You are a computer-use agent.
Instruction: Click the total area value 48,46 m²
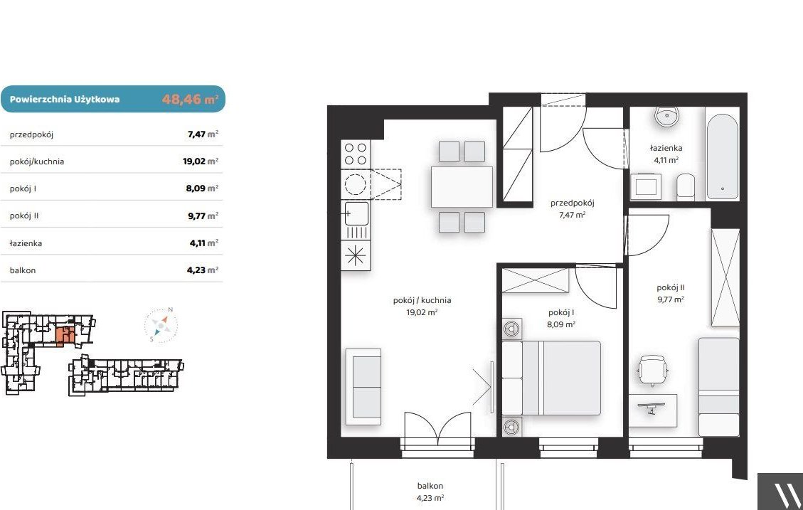(190, 99)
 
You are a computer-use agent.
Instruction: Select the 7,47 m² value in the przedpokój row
(203, 134)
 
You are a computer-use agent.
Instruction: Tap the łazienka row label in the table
(26, 243)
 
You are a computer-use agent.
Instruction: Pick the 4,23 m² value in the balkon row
(202, 270)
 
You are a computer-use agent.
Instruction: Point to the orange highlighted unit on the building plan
(65, 336)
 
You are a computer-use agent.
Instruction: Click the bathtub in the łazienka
(722, 156)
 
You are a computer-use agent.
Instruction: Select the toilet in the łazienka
(686, 187)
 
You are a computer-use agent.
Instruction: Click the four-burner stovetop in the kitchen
(356, 154)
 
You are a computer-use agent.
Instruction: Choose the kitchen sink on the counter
(356, 213)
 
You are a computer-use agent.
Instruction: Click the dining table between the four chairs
(462, 186)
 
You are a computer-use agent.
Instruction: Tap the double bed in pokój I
(551, 378)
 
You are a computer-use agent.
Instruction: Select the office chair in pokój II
(652, 370)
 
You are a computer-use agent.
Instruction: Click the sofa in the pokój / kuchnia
(363, 387)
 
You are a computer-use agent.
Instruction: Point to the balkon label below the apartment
(430, 486)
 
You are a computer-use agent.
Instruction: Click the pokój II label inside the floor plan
(671, 288)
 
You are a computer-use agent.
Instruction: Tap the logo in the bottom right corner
(780, 492)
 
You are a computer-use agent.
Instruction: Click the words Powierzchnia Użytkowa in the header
(65, 100)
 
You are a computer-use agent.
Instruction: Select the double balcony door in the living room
(438, 427)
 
